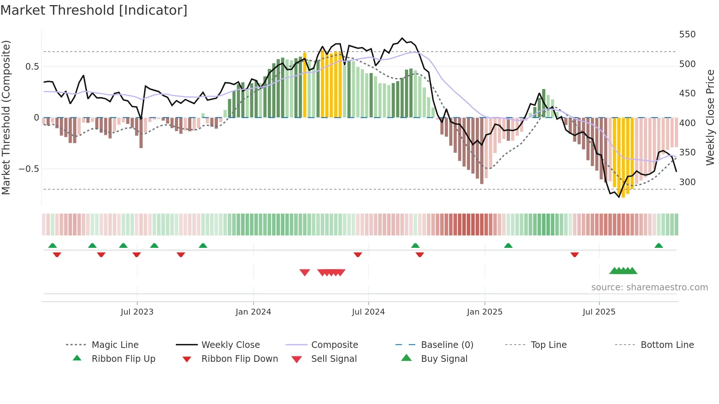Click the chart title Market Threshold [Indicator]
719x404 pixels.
[94, 10]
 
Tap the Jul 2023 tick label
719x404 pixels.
[137, 312]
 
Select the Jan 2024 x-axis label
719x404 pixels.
[253, 312]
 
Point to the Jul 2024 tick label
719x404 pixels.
[368, 312]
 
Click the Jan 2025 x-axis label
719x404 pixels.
[485, 312]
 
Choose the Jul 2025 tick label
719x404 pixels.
[599, 312]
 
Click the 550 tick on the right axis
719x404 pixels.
[687, 34]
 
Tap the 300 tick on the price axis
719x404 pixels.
[687, 182]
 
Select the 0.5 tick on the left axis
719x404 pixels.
[32, 67]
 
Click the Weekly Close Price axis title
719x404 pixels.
[711, 117]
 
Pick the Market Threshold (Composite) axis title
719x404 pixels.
[6, 117]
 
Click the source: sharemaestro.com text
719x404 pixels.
[649, 287]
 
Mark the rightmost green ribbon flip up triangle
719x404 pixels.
[658, 246]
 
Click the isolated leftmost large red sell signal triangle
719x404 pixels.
[305, 272]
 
